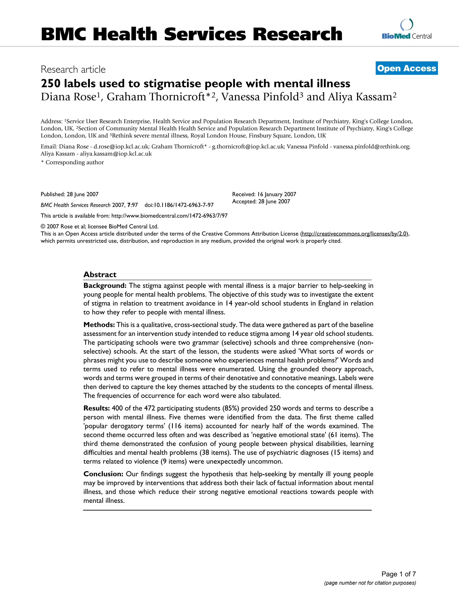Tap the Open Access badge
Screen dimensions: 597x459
click(x=407, y=68)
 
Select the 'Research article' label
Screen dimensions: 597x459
click(x=73, y=69)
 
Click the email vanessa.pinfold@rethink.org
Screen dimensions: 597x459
click(x=371, y=147)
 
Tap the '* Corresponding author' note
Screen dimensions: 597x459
click(x=72, y=162)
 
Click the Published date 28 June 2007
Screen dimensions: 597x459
click(x=69, y=194)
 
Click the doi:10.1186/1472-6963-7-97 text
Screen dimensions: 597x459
click(x=179, y=205)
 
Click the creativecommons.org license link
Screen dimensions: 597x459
click(x=355, y=234)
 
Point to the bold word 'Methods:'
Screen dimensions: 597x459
click(x=99, y=325)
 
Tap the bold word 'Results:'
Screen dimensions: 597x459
click(x=97, y=408)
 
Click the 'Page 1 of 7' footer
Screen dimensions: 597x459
click(x=398, y=574)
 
